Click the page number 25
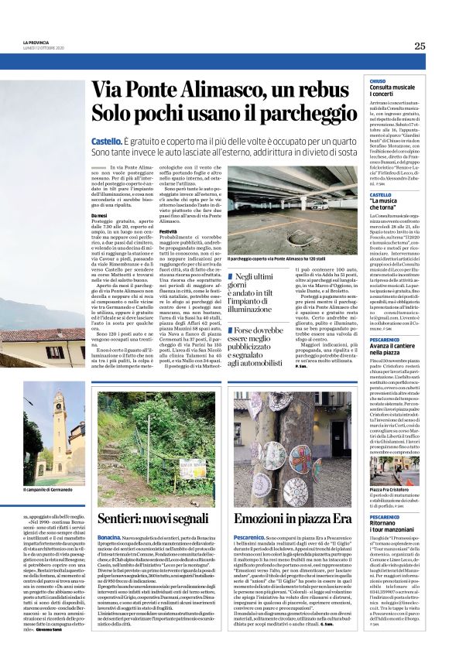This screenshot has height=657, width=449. (x=420, y=46)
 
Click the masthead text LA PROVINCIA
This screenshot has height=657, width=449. (x=36, y=42)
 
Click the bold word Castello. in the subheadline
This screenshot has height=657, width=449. (x=106, y=142)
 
